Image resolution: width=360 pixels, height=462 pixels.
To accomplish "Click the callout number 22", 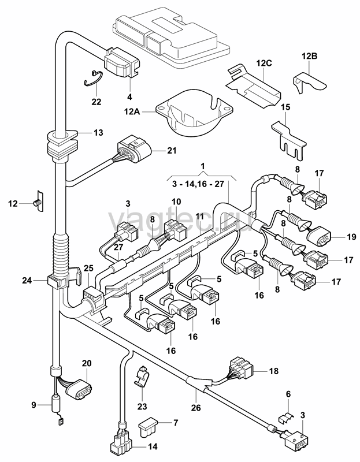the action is (x=96, y=102).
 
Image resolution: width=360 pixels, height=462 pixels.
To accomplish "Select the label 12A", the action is (x=132, y=112).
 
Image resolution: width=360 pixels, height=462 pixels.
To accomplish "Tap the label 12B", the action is (x=309, y=56).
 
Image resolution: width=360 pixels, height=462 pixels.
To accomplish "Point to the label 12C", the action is (x=264, y=64).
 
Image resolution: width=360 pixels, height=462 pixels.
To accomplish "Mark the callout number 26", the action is (x=196, y=408).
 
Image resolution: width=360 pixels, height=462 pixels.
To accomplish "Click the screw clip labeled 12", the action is (x=38, y=202).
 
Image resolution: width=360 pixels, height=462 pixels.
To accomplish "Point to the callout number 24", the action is (x=27, y=281).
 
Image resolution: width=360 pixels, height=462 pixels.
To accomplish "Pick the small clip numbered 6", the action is (x=285, y=418).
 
